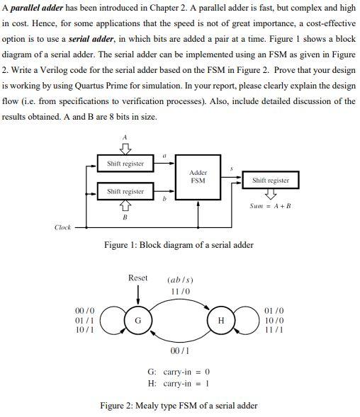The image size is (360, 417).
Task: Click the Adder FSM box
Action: (x=198, y=176)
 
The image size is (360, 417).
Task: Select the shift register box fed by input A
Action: (x=125, y=164)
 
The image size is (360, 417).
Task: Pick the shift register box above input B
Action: (x=125, y=191)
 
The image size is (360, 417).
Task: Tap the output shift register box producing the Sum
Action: (x=270, y=180)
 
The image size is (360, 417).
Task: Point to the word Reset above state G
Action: (x=138, y=278)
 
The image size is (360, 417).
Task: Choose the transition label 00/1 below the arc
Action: (x=180, y=349)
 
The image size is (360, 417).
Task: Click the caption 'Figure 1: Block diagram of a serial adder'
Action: (x=179, y=245)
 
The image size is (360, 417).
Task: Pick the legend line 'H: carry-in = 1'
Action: (x=179, y=383)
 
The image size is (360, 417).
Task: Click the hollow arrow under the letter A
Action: (x=125, y=148)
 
